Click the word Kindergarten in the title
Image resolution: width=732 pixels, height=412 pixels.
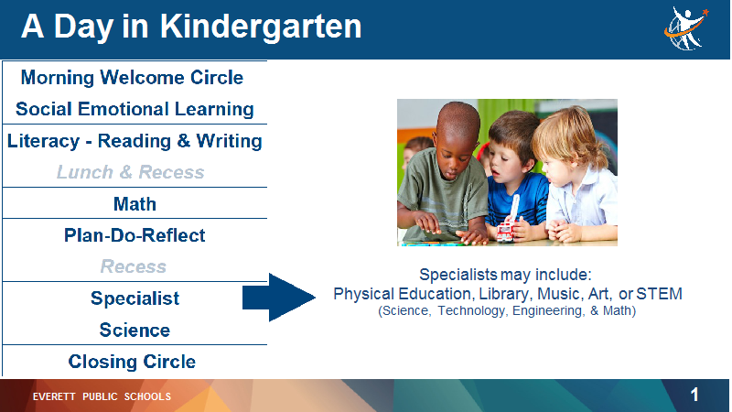261,27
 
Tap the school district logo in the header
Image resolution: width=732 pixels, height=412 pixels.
685,28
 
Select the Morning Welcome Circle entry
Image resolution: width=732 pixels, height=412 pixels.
132,78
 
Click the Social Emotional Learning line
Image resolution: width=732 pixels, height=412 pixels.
135,109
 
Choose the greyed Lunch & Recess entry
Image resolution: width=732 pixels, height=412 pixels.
130,172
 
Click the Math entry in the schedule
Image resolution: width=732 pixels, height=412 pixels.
135,204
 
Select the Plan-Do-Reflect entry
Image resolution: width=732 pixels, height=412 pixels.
135,235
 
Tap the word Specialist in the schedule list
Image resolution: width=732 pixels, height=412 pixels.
135,298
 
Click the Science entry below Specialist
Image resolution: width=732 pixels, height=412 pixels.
135,331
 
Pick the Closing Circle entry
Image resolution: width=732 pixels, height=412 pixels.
132,362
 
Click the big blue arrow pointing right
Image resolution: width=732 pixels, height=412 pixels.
279,298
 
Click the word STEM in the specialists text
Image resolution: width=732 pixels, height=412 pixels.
659,294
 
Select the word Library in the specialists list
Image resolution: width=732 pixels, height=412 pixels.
506,294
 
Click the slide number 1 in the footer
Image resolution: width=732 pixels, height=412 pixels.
694,396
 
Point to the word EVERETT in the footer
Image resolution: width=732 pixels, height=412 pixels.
54,396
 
